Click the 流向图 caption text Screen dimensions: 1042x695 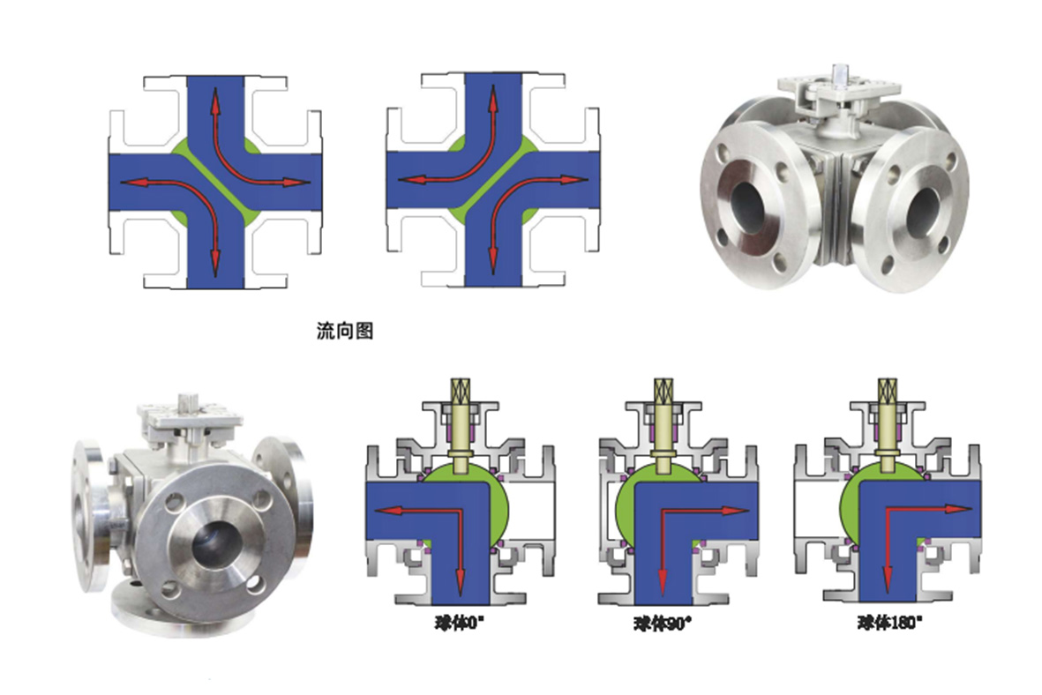point(344,330)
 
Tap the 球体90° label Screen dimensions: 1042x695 point(662,624)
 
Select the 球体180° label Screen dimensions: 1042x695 point(890,623)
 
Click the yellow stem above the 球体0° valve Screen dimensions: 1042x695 point(461,424)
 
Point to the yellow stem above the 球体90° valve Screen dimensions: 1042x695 point(663,424)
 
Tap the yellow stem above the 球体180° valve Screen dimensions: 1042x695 point(888,424)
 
